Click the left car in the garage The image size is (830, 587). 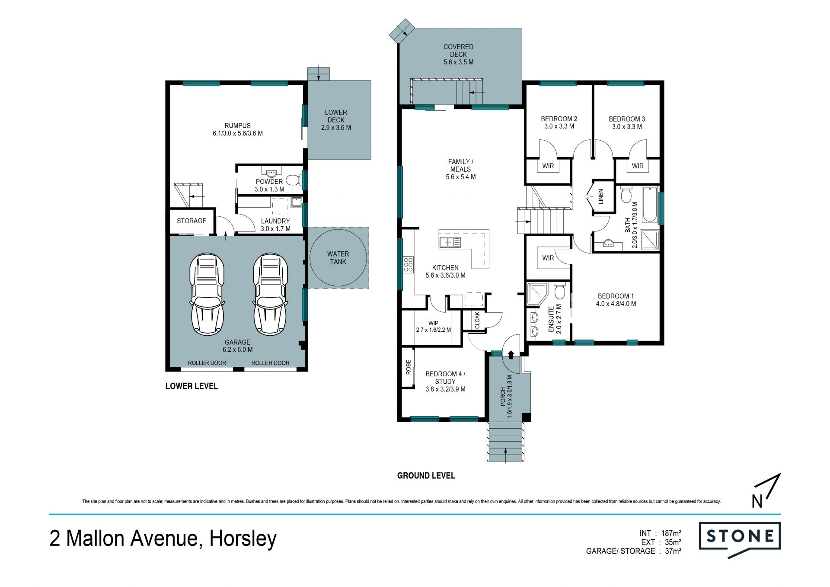(207, 294)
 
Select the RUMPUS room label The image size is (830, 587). (237, 126)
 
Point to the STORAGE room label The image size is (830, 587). (192, 221)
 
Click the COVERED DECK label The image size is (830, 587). (458, 51)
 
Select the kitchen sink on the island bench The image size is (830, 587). (450, 242)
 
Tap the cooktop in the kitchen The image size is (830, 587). (408, 264)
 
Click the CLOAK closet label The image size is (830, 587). (477, 320)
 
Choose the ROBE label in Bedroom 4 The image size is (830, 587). (409, 367)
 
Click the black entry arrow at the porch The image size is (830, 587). (511, 355)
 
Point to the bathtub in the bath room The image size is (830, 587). (650, 205)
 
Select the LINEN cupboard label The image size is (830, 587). (600, 197)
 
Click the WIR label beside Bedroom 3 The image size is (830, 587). (638, 166)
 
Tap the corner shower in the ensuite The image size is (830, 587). (538, 294)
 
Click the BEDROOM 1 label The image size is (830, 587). (616, 296)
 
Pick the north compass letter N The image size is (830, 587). (757, 501)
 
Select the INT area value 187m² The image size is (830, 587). (671, 533)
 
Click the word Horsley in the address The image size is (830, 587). (243, 539)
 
